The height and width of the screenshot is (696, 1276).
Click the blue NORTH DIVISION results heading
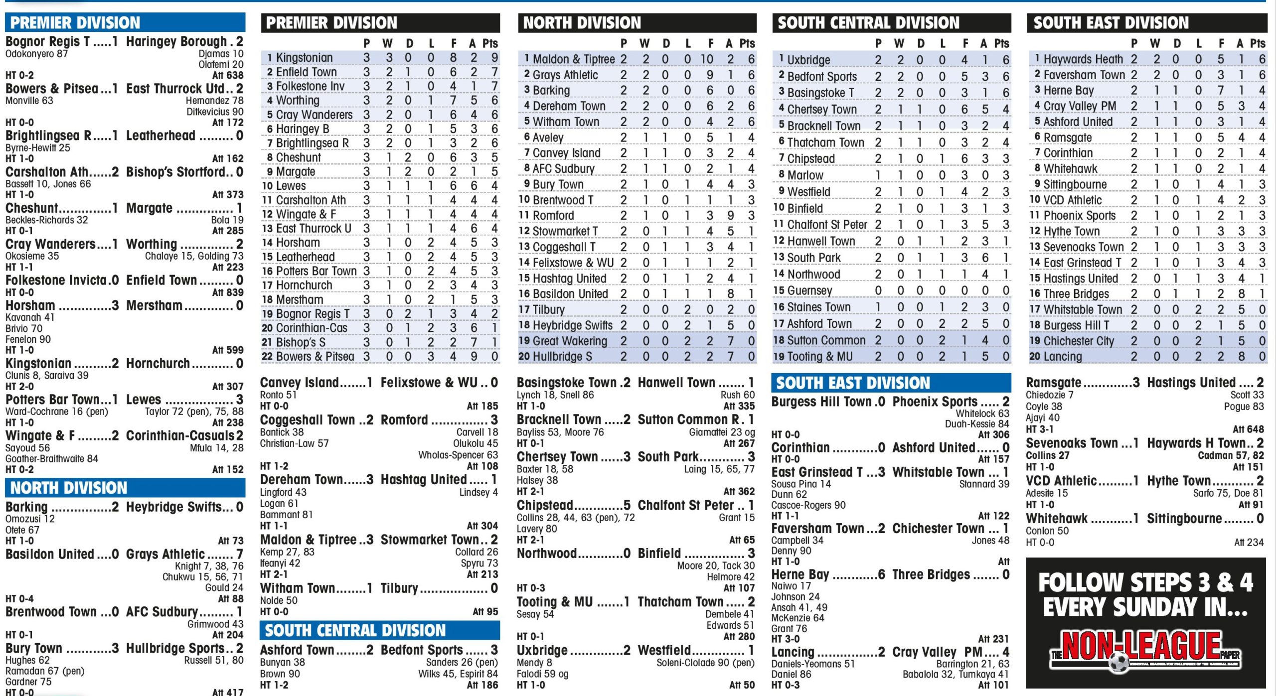click(69, 488)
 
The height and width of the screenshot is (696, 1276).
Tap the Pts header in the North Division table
click(747, 44)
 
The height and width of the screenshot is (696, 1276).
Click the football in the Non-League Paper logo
click(1119, 662)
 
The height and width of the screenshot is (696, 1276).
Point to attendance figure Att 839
click(228, 292)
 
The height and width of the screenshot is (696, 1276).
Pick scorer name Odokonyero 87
click(36, 54)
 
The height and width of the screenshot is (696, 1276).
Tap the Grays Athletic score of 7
click(239, 554)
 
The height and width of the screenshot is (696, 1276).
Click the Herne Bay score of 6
click(881, 574)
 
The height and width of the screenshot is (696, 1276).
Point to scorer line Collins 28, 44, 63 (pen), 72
click(576, 518)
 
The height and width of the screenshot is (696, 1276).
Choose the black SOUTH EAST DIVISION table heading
click(1111, 23)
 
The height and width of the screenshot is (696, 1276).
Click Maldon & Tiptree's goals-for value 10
click(706, 59)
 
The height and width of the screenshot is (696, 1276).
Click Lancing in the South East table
click(1063, 357)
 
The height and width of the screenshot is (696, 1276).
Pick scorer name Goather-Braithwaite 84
click(52, 458)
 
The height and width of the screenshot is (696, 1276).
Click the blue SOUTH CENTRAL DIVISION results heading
click(355, 631)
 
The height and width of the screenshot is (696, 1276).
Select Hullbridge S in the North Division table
click(562, 357)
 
